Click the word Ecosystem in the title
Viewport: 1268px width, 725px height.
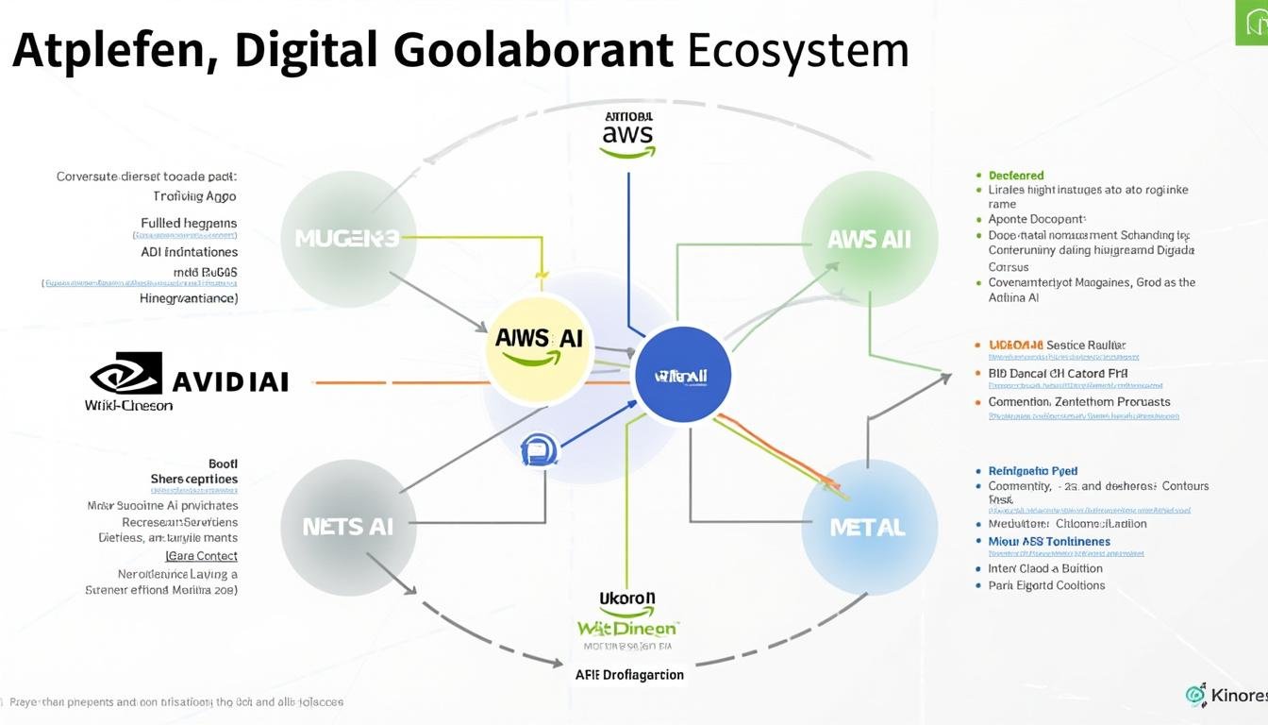coord(797,51)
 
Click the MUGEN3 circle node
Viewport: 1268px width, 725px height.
coord(348,239)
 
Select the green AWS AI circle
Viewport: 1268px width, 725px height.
coord(869,239)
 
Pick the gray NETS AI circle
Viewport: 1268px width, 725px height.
coord(348,528)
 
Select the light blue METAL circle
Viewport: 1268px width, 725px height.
coord(869,528)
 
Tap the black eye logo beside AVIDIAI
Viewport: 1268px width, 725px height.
coord(126,375)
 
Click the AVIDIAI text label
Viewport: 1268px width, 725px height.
coord(230,381)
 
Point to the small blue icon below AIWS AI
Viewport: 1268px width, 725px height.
coord(539,449)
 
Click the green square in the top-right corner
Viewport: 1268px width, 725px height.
coord(1251,23)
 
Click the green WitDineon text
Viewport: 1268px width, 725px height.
coord(627,628)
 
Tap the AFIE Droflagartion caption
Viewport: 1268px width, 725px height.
coord(629,675)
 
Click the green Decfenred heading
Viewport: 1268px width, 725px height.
coord(1016,176)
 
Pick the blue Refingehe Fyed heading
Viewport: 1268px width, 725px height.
coord(1032,470)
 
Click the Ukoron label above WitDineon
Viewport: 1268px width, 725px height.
coord(627,599)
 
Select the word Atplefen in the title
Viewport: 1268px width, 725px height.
coord(112,51)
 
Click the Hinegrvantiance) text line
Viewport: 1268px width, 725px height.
coord(189,297)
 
